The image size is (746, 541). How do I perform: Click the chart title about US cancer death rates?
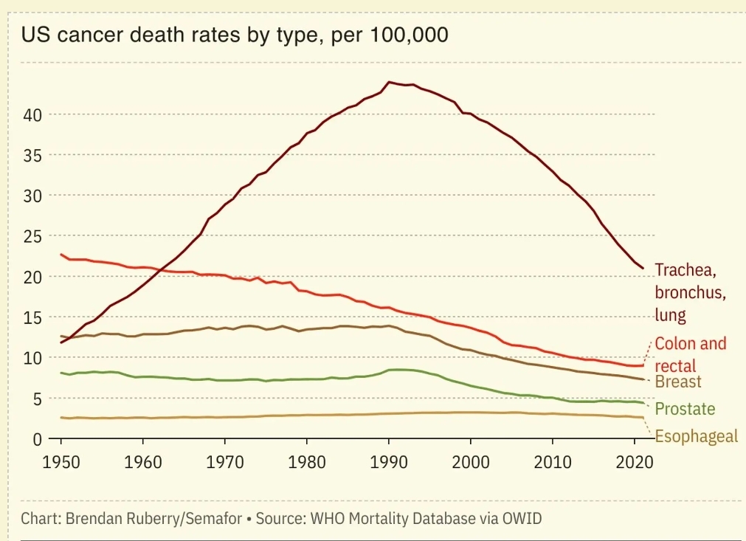click(234, 35)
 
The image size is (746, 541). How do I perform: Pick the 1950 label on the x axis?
click(61, 463)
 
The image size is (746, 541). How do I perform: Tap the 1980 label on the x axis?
click(307, 463)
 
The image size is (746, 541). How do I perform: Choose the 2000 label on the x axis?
click(471, 463)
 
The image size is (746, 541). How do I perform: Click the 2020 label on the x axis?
click(635, 463)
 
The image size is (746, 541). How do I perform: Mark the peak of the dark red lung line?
click(390, 82)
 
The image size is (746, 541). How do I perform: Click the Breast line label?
click(678, 382)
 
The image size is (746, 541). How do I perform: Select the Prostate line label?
click(685, 409)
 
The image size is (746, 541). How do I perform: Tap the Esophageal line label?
click(696, 436)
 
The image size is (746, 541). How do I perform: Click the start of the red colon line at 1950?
click(61, 255)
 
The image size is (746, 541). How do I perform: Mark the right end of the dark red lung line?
click(643, 268)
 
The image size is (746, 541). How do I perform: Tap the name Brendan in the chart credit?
click(92, 518)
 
